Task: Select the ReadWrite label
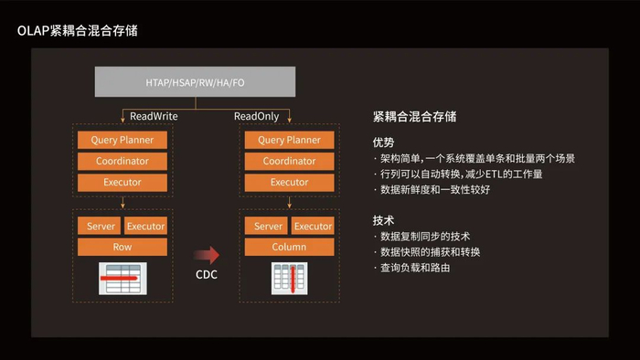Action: (x=154, y=117)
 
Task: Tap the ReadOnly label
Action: (x=258, y=117)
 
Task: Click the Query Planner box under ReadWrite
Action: (x=123, y=140)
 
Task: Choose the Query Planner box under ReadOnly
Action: (x=289, y=140)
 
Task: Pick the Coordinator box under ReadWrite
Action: (x=123, y=161)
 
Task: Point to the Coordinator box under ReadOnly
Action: (x=289, y=161)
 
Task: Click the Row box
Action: (x=123, y=247)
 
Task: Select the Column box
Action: (x=289, y=247)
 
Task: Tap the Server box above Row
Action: (x=99, y=226)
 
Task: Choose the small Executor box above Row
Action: (x=145, y=226)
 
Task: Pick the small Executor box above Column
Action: (x=313, y=226)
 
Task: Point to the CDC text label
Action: (x=207, y=275)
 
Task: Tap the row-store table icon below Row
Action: (x=123, y=278)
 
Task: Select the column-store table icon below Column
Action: (x=289, y=278)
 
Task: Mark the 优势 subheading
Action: (x=383, y=142)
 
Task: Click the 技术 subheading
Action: (x=383, y=220)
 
